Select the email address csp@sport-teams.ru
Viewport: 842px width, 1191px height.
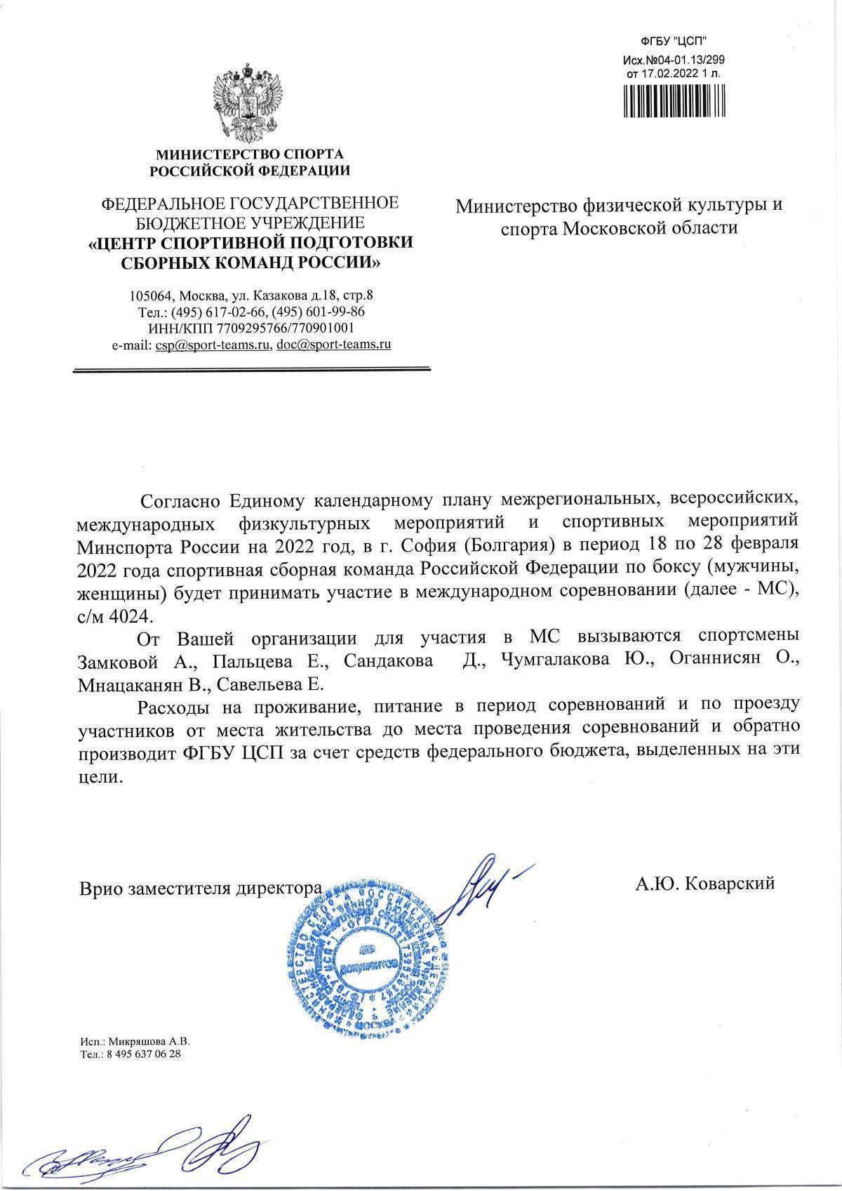(214, 345)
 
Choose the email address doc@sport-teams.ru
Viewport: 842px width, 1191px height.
(334, 345)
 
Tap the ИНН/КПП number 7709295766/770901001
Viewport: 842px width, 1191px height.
(285, 328)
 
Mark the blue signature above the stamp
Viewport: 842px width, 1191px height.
(484, 883)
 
